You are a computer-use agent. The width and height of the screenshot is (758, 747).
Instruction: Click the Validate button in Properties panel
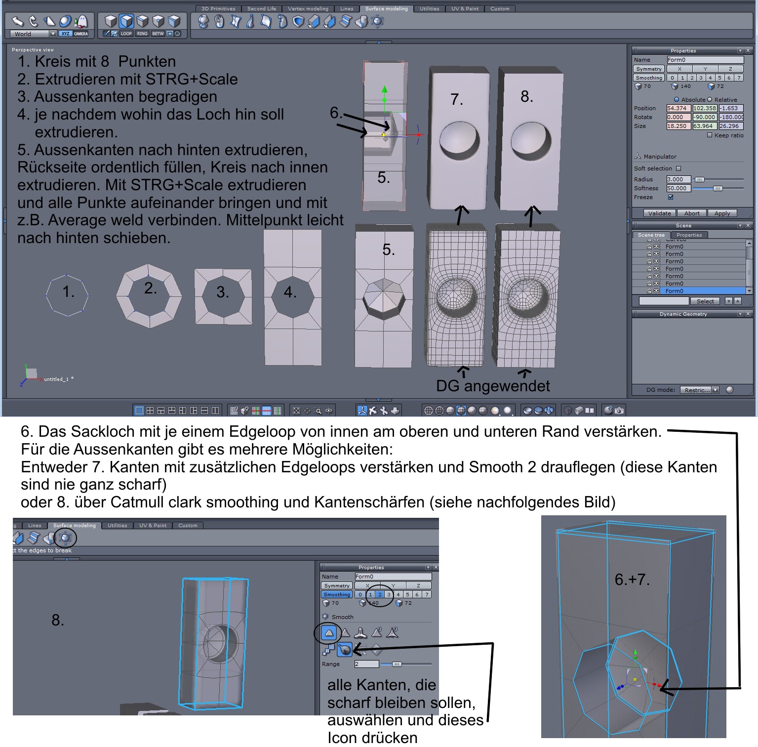pyautogui.click(x=659, y=213)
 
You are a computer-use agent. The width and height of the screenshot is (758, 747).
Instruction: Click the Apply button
pyautogui.click(x=722, y=213)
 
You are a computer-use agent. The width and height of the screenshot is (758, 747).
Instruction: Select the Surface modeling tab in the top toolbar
pyautogui.click(x=387, y=8)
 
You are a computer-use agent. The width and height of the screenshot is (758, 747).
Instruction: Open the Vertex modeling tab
pyautogui.click(x=308, y=8)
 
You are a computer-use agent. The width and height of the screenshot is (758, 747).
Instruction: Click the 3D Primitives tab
pyautogui.click(x=219, y=8)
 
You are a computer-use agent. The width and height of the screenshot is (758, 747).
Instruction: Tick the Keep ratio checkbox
pyautogui.click(x=710, y=135)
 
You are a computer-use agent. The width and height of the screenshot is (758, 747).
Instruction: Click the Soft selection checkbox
pyautogui.click(x=678, y=168)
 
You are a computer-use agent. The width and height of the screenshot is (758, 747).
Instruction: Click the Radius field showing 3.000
pyautogui.click(x=678, y=179)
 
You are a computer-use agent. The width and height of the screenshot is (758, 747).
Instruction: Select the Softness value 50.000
pyautogui.click(x=678, y=188)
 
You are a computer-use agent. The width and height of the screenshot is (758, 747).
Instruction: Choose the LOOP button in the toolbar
pyautogui.click(x=126, y=34)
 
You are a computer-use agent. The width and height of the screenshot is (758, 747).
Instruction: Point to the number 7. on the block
pyautogui.click(x=457, y=99)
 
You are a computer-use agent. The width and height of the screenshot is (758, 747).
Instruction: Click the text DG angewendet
pyautogui.click(x=493, y=385)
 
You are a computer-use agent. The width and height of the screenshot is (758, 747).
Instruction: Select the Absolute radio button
pyautogui.click(x=677, y=99)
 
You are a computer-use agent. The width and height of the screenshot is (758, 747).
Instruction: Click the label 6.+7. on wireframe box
pyautogui.click(x=632, y=579)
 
